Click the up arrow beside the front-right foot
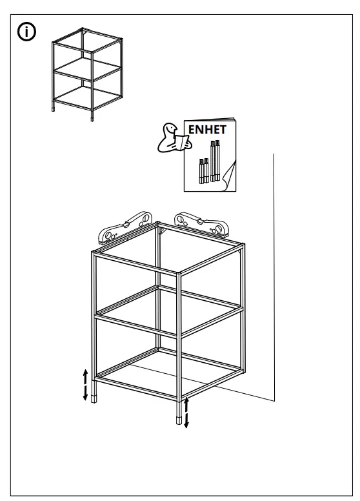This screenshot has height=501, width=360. (x=187, y=405)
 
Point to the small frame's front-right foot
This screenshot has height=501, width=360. (x=95, y=118)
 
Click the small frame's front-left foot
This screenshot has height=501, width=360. (x=54, y=108)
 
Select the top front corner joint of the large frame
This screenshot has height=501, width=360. (x=179, y=274)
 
